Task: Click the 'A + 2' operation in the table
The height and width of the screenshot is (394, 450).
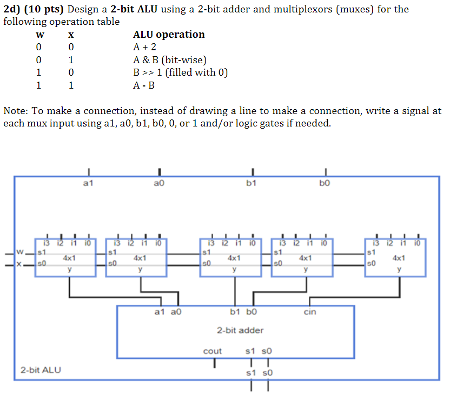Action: [144, 47]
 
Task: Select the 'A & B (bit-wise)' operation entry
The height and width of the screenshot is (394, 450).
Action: [170, 59]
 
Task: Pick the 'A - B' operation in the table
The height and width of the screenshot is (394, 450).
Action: [144, 85]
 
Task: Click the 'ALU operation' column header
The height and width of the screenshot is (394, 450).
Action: [169, 35]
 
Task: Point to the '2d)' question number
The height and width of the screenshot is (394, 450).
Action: [13, 9]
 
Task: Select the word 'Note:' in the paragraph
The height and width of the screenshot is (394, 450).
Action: [16, 111]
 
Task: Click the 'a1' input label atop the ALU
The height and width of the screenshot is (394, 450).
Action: [88, 184]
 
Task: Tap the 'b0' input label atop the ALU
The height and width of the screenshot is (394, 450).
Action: [324, 184]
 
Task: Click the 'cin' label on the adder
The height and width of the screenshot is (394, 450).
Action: [310, 312]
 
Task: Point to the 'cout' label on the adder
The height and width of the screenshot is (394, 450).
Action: [212, 351]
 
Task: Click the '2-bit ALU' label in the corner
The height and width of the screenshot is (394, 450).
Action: [41, 370]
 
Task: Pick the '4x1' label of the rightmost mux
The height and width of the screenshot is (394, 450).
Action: [399, 258]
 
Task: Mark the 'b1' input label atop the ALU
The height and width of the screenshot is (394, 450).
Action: [251, 184]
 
